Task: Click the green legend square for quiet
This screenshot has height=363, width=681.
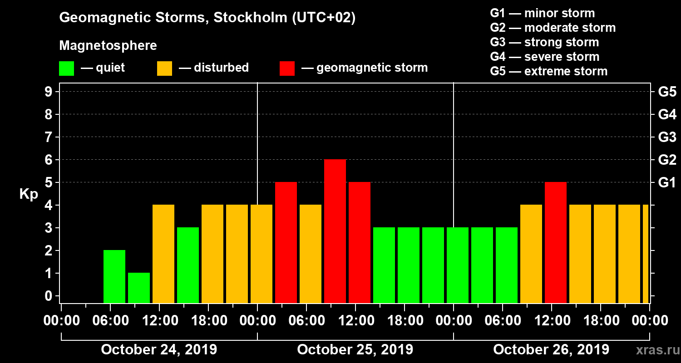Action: pyautogui.click(x=66, y=69)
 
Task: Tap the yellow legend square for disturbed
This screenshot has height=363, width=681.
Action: pyautogui.click(x=164, y=69)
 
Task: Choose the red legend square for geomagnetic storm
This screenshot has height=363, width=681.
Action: pyautogui.click(x=287, y=69)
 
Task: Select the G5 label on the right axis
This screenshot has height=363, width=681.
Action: pyautogui.click(x=667, y=92)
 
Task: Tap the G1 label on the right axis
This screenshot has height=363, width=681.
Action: pyautogui.click(x=667, y=182)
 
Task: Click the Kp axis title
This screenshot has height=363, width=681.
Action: pyautogui.click(x=29, y=194)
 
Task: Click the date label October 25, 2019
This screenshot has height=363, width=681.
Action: pyautogui.click(x=355, y=350)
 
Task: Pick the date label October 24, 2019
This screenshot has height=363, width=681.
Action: pyautogui.click(x=159, y=350)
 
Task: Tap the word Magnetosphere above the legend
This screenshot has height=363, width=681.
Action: pyautogui.click(x=108, y=46)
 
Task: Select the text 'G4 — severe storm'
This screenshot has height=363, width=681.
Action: pyautogui.click(x=545, y=57)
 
